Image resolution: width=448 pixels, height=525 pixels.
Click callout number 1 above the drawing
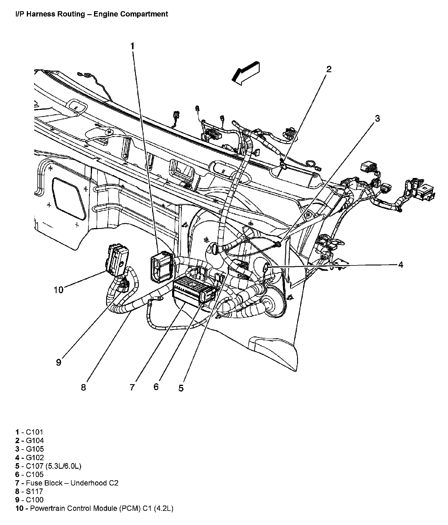132,46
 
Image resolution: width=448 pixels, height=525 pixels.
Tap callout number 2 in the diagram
329,69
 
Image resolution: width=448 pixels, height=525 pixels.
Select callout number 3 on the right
377,118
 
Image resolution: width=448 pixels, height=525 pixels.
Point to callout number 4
400,265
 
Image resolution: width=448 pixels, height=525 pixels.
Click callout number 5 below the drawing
181,388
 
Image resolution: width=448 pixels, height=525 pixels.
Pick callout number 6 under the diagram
156,387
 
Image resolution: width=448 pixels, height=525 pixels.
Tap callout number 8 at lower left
83,387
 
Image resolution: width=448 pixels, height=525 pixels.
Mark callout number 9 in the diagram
59,362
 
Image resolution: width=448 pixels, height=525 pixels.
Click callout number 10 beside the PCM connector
59,290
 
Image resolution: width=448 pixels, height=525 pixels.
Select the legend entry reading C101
34,432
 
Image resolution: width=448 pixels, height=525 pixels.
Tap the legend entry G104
35,441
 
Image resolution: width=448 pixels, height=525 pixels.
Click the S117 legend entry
34,491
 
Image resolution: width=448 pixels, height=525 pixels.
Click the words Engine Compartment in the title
131,14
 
